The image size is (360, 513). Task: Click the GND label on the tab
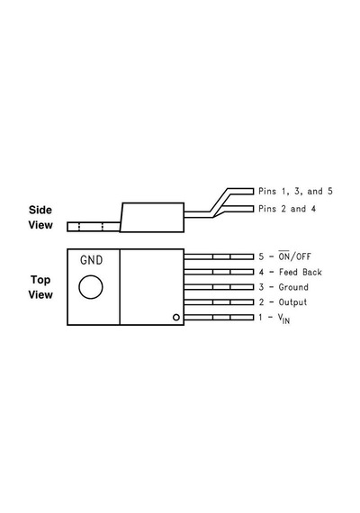click(x=91, y=260)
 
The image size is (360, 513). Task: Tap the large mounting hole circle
click(x=91, y=287)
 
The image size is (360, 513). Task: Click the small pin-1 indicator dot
click(x=176, y=317)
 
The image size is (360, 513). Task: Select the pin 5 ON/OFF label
click(x=284, y=256)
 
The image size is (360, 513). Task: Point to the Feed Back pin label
click(x=291, y=272)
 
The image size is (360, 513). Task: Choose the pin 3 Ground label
click(x=283, y=287)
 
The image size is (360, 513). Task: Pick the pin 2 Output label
click(x=283, y=302)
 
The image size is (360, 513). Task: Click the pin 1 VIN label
click(x=274, y=318)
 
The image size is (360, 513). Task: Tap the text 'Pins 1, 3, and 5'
click(x=295, y=191)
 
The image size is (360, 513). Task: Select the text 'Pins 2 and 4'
click(x=287, y=209)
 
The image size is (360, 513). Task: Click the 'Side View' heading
click(x=40, y=217)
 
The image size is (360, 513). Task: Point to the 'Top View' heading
click(x=40, y=287)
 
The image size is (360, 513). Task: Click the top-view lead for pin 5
click(x=219, y=256)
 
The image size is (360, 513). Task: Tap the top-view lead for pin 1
click(x=219, y=317)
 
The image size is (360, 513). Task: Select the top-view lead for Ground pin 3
click(x=219, y=287)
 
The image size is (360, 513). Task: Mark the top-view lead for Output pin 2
click(x=219, y=302)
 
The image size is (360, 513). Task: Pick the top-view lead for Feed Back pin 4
click(x=219, y=272)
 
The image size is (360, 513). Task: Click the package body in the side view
click(x=152, y=217)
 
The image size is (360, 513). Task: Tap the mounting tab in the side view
click(x=94, y=227)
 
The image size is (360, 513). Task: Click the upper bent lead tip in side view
click(x=253, y=191)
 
